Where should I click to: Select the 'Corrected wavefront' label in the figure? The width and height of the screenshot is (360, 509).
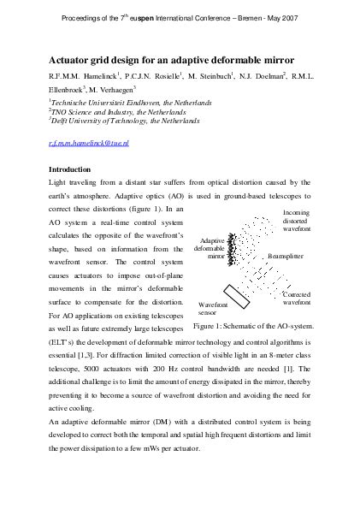pyautogui.click(x=296, y=298)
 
